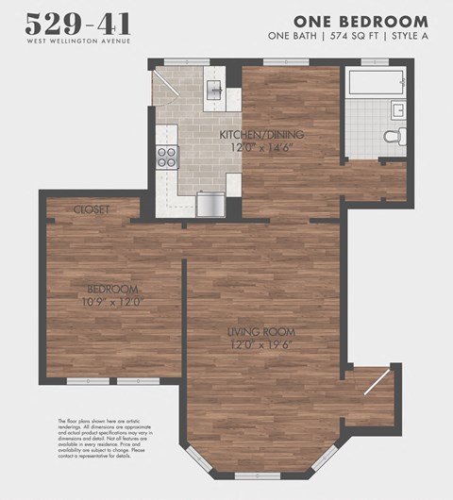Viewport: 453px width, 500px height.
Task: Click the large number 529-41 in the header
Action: tap(78, 24)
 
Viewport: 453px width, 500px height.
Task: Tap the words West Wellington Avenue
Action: tap(78, 41)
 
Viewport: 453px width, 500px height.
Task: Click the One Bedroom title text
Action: tap(360, 21)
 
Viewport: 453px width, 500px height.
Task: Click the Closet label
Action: tap(92, 208)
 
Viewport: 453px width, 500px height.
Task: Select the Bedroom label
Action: tap(112, 289)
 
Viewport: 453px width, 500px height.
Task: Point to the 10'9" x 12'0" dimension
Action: tap(112, 302)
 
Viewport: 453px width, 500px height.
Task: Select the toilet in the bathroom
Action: tap(394, 137)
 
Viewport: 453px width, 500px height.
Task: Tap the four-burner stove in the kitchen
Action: tap(167, 157)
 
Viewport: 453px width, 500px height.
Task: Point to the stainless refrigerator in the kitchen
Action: tap(208, 204)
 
